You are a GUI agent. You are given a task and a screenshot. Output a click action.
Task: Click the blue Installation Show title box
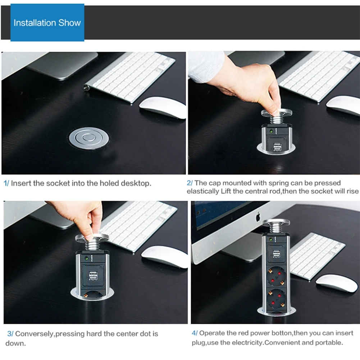pyautogui.click(x=47, y=23)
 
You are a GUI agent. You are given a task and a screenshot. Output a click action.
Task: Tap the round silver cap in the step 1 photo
pyautogui.click(x=89, y=137)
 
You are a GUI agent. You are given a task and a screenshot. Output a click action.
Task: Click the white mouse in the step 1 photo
pyautogui.click(x=163, y=108)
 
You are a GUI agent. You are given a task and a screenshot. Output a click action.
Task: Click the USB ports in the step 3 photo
pyautogui.click(x=93, y=276)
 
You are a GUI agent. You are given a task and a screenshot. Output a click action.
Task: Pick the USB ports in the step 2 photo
pyautogui.click(x=277, y=147)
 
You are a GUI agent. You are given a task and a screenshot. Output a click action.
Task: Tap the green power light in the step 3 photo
pyautogui.click(x=87, y=258)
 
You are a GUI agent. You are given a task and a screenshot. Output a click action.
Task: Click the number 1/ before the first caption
pyautogui.click(x=6, y=183)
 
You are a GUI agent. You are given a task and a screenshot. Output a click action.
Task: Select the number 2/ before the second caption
pyautogui.click(x=190, y=183)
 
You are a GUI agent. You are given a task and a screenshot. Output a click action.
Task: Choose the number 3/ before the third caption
pyautogui.click(x=10, y=334)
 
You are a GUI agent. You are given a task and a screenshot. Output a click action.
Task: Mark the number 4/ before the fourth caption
pyautogui.click(x=195, y=333)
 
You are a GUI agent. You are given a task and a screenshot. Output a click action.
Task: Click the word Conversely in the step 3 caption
pyautogui.click(x=35, y=334)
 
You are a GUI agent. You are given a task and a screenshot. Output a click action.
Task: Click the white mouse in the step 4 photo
pyautogui.click(x=337, y=283)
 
